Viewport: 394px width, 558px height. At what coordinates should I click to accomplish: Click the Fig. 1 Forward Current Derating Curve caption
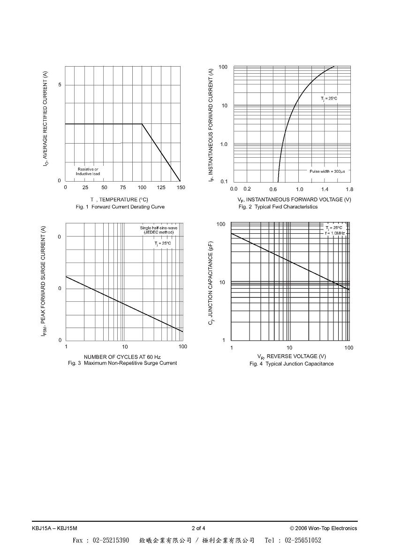click(x=120, y=207)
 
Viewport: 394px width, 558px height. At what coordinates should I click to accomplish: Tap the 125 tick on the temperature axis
click(x=161, y=188)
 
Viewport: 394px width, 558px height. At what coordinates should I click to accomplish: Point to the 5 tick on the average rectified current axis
click(x=60, y=84)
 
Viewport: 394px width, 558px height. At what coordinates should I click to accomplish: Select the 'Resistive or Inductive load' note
click(x=88, y=171)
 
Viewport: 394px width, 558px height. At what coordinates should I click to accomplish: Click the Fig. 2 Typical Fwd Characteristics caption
click(x=278, y=207)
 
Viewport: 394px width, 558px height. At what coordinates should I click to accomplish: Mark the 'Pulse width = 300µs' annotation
click(x=327, y=171)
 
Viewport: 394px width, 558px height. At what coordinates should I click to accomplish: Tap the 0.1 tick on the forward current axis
click(x=224, y=182)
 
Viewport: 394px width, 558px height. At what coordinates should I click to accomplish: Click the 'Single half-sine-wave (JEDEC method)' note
click(x=159, y=230)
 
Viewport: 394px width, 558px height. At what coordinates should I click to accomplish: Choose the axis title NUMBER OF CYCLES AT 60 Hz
click(x=122, y=357)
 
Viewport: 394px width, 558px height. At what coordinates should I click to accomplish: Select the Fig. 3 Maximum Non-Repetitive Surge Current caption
click(x=122, y=363)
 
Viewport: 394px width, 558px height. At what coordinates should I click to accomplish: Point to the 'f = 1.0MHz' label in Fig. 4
click(x=334, y=233)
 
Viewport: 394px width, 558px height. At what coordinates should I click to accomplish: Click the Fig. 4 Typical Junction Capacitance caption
click(x=292, y=364)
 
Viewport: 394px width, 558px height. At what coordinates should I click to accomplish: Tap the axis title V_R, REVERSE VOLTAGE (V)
click(x=292, y=356)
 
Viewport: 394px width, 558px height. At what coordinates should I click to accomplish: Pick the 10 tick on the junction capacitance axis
click(x=222, y=283)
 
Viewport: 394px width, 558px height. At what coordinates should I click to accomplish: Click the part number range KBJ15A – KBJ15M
click(x=54, y=528)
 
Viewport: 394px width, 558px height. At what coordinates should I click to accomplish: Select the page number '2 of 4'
click(x=198, y=528)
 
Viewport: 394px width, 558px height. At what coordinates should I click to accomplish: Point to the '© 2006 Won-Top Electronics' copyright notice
click(x=324, y=528)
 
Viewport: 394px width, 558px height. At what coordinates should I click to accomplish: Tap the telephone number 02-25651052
click(x=303, y=540)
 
